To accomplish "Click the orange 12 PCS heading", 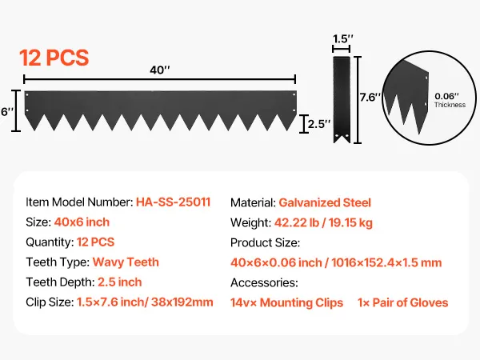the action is (54, 58).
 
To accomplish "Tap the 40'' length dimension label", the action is (160, 70).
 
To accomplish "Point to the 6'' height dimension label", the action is (7, 112).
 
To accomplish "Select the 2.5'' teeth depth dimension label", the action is (319, 124).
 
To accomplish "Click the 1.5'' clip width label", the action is (343, 39).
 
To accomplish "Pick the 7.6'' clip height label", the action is (370, 98).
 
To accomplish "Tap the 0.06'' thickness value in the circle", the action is (446, 96).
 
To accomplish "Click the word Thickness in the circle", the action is (450, 105).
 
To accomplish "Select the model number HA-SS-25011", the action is (174, 202).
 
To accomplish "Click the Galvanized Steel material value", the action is (325, 202).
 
